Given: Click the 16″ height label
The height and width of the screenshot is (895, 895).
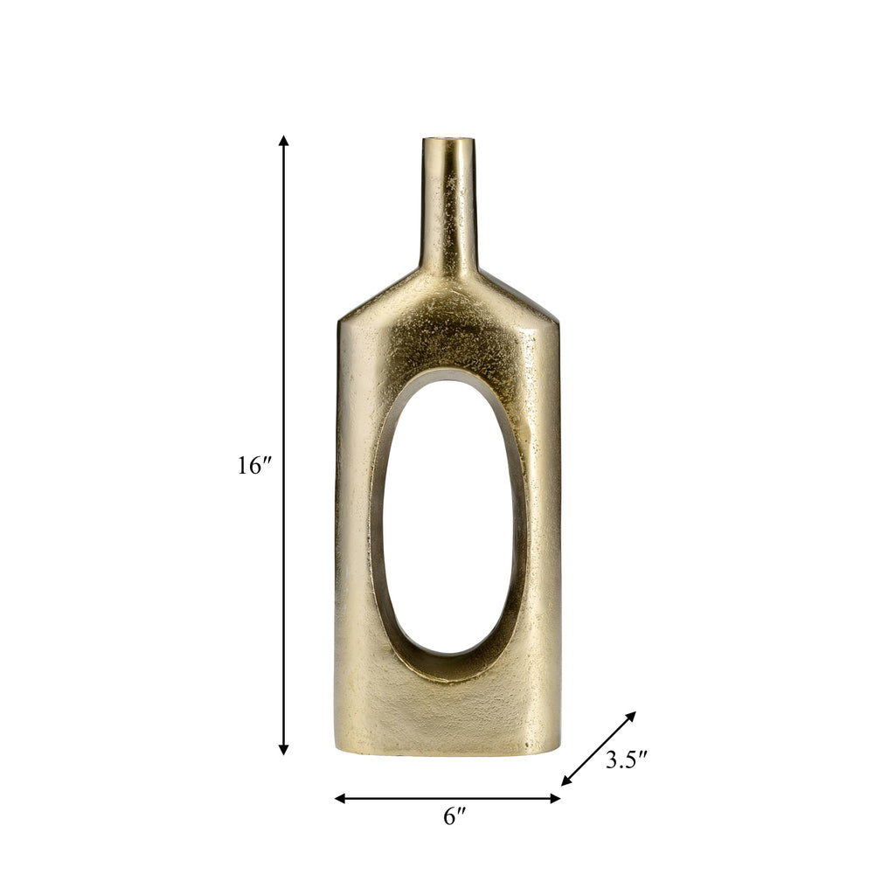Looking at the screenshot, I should tap(255, 466).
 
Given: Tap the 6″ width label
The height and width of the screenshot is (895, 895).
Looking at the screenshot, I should tap(454, 817).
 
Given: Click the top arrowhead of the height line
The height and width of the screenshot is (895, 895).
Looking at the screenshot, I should tap(283, 142).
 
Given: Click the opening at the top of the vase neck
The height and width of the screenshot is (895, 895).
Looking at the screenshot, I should tap(449, 140).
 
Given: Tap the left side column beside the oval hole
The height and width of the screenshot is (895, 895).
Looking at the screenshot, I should tap(354, 524).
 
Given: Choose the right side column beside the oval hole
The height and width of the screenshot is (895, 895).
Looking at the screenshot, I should tap(542, 524).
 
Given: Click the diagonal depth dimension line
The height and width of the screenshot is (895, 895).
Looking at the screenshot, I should tap(599, 748).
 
